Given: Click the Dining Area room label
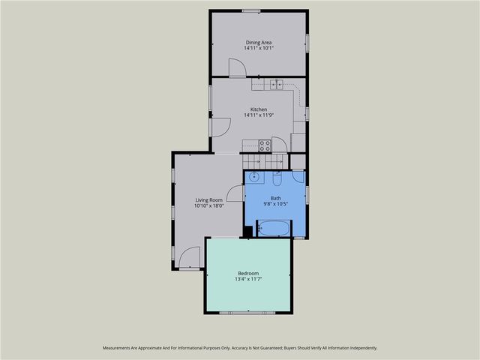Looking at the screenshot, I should tap(259, 42).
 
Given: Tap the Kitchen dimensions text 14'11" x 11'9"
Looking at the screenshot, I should tap(259, 115).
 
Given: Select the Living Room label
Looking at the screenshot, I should tap(209, 199).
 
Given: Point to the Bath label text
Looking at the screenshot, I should tap(275, 198).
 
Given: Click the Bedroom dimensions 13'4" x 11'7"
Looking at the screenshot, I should tap(248, 279).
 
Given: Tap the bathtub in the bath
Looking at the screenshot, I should tap(274, 229).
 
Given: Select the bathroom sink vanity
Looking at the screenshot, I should tap(255, 178).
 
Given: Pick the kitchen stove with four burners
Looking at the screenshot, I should tap(264, 145).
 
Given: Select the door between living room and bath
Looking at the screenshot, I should tap(235, 193).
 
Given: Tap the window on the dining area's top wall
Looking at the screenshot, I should tap(250, 10).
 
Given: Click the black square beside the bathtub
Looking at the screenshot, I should tap(248, 231).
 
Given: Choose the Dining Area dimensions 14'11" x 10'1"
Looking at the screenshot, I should tap(259, 49).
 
